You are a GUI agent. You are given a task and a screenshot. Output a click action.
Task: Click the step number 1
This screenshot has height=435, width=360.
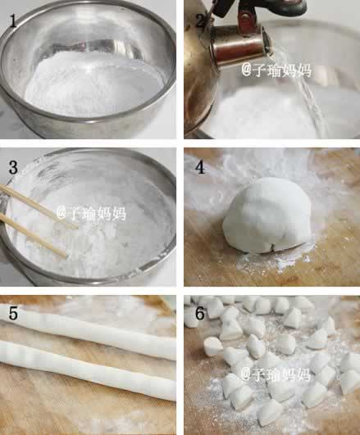pyautogui.click(x=13, y=20)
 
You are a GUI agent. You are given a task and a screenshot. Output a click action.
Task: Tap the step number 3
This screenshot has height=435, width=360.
pyautogui.click(x=13, y=167)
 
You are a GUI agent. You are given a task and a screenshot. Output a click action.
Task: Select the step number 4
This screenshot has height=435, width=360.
pyautogui.click(x=200, y=167)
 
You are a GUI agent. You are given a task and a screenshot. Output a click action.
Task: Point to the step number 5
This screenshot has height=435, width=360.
pyautogui.click(x=14, y=313)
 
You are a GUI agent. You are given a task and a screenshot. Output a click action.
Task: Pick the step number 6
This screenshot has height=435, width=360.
pyautogui.click(x=200, y=313)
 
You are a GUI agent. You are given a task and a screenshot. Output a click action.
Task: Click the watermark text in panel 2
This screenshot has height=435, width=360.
pyautogui.click(x=276, y=70)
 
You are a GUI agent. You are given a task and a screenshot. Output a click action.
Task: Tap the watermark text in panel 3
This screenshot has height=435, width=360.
pyautogui.click(x=91, y=213)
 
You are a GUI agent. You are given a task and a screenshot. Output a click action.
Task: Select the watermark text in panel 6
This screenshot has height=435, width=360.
pyautogui.click(x=275, y=374)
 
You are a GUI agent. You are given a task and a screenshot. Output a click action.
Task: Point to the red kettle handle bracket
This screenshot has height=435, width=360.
pyautogui.click(x=246, y=20)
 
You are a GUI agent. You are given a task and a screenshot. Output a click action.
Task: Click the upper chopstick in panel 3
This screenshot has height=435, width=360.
pyautogui.click(x=39, y=206)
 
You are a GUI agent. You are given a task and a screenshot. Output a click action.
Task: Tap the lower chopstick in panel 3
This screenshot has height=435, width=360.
pyautogui.click(x=34, y=236)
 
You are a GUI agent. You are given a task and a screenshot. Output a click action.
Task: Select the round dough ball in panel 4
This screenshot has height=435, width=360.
pyautogui.click(x=267, y=215)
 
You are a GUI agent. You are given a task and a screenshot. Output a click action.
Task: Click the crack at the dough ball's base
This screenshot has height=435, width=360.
pyautogui.click(x=272, y=247)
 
